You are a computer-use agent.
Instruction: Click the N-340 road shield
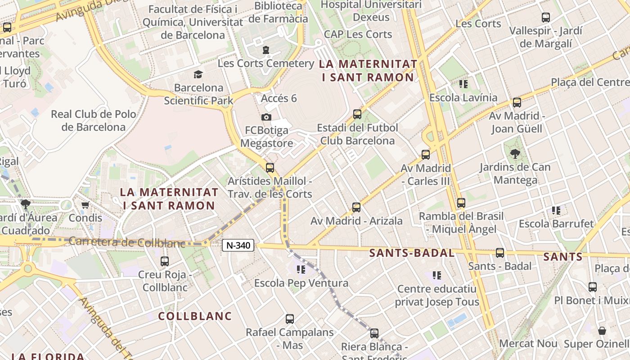[238, 245]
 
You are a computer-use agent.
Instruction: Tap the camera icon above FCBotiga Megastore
[266, 117]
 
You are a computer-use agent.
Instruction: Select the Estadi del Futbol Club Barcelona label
[357, 134]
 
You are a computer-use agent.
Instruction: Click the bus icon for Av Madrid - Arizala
[356, 207]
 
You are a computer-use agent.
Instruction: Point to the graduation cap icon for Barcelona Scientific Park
[198, 74]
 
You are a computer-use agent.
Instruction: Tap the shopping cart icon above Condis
[85, 205]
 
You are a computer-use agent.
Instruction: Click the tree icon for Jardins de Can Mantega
[515, 154]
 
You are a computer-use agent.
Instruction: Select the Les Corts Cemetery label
[265, 63]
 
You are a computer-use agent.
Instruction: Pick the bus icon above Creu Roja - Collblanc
[165, 261]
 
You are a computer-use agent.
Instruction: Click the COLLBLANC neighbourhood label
[195, 316]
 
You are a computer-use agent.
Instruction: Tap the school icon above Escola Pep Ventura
[301, 270]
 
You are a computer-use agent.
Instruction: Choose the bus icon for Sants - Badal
[500, 253]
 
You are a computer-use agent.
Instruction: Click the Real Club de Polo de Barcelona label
[94, 121]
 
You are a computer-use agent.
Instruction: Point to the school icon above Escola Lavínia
[463, 84]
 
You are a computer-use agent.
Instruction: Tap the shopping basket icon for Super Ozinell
[602, 331]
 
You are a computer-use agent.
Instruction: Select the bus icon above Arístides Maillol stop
[270, 168]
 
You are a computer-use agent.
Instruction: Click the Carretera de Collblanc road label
[127, 242]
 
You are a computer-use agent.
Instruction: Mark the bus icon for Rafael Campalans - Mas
[290, 319]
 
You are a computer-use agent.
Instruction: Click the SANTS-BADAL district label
[412, 253]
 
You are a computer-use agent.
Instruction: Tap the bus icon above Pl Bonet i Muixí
[593, 287]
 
